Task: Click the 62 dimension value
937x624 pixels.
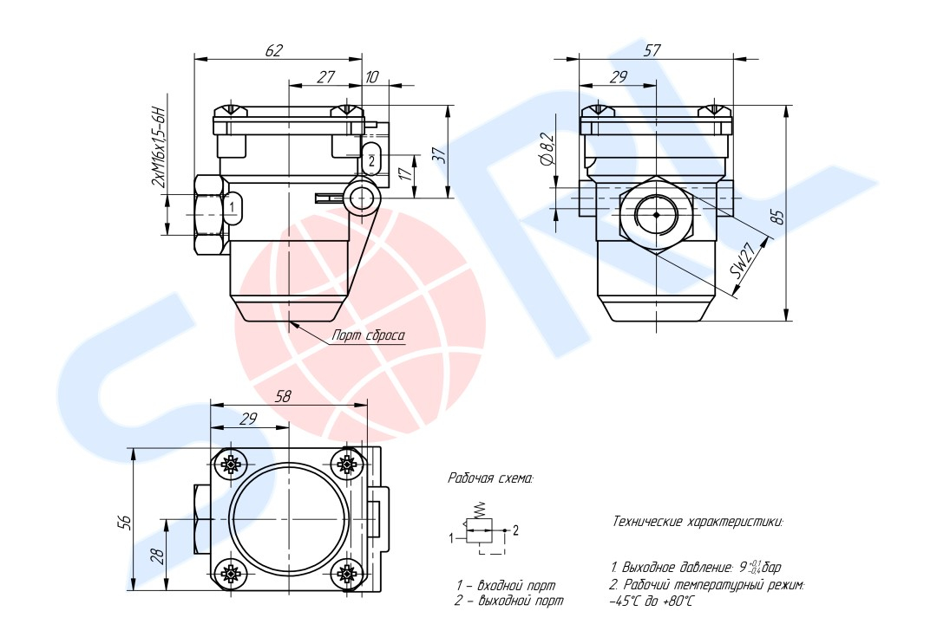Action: [273, 50]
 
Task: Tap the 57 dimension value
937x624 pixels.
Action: [652, 50]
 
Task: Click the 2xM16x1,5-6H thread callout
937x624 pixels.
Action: [158, 146]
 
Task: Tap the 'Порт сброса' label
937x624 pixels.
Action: [368, 335]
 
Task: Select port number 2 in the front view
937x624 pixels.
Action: [371, 160]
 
